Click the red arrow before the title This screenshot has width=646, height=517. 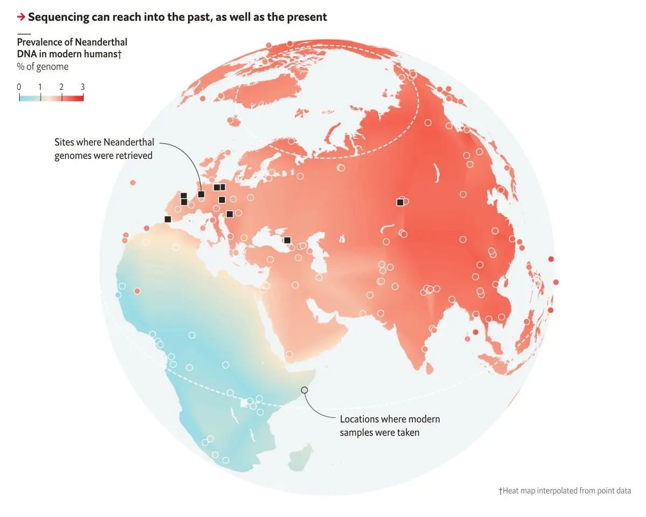[21, 17]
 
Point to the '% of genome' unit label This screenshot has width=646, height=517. [43, 67]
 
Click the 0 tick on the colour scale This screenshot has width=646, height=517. [19, 87]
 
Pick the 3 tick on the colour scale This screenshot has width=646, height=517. [82, 87]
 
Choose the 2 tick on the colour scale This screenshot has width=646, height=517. [61, 87]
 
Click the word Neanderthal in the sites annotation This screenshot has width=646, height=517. [128, 143]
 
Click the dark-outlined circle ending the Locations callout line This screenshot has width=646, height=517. [304, 389]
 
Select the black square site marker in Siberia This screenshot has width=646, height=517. [399, 202]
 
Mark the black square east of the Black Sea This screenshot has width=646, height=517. [287, 240]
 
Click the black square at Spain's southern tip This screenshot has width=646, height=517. [167, 219]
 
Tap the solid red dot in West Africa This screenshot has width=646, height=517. [137, 291]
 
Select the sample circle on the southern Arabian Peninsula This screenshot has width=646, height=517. [289, 354]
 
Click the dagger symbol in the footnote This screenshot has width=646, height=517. [500, 491]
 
